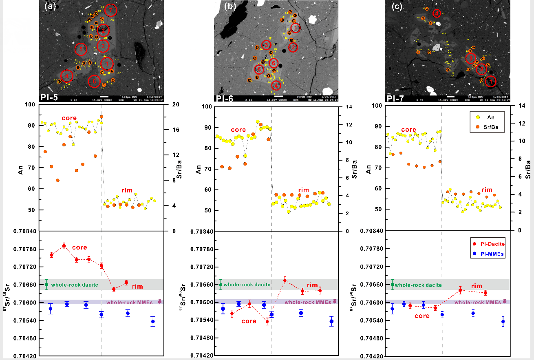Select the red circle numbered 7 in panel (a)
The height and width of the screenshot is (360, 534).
tap(110, 10)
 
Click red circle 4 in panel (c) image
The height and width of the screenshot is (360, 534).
tap(437, 13)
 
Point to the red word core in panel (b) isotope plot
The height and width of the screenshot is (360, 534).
tap(249, 321)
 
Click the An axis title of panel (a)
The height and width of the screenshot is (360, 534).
tap(21, 168)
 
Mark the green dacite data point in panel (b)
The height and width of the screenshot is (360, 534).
tap(221, 285)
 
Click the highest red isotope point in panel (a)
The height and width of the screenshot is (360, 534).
tap(64, 246)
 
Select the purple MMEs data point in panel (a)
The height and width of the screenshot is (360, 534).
tap(160, 302)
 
